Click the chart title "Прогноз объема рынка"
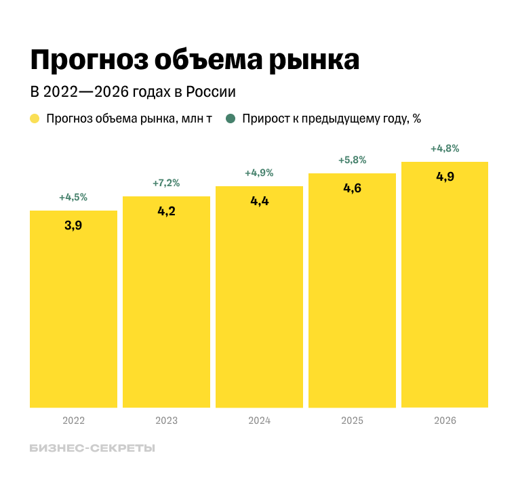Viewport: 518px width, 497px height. coord(194,60)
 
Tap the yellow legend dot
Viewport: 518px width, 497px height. coord(35,118)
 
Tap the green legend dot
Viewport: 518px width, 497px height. coord(231,118)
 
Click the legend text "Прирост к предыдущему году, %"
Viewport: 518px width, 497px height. coord(332,118)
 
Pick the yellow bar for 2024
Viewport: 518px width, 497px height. coord(259,305)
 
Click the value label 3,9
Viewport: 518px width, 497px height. coord(73,225)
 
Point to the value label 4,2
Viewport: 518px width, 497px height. coord(166,211)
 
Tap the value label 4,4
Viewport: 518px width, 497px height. coord(259,201)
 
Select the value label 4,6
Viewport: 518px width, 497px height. coord(352,188)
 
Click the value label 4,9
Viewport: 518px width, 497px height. coord(445,177)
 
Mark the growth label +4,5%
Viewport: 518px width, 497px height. coord(73,198)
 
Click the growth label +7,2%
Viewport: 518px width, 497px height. coord(166,183)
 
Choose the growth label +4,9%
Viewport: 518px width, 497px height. coord(259,173)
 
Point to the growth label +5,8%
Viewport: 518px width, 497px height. coord(352,160)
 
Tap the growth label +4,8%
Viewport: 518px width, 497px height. coord(445,148)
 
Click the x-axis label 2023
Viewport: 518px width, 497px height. coord(166,420)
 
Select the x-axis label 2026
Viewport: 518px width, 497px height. coord(445,420)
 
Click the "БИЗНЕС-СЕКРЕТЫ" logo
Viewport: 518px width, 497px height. coord(92,448)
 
